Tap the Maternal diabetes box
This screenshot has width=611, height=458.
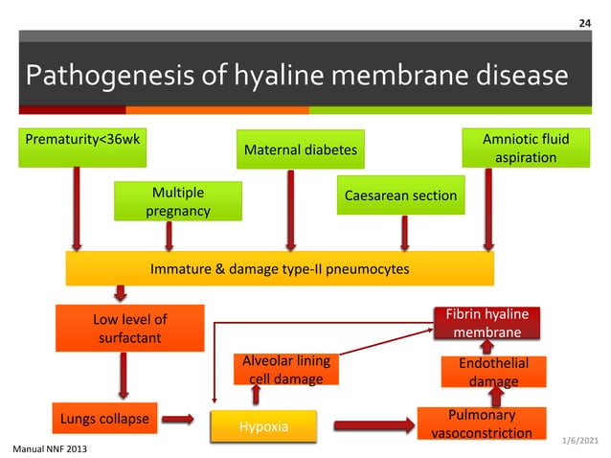[302, 149]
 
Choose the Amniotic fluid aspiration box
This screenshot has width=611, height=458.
[526, 148]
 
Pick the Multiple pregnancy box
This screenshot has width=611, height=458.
[177, 201]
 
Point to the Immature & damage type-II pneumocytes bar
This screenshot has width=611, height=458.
[279, 269]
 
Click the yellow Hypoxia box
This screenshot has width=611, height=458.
[261, 425]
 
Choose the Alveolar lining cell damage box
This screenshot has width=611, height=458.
[285, 370]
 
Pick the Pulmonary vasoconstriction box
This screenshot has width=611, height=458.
[481, 424]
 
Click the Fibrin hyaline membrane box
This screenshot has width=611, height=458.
[487, 323]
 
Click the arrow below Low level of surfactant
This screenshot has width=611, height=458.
[123, 376]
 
